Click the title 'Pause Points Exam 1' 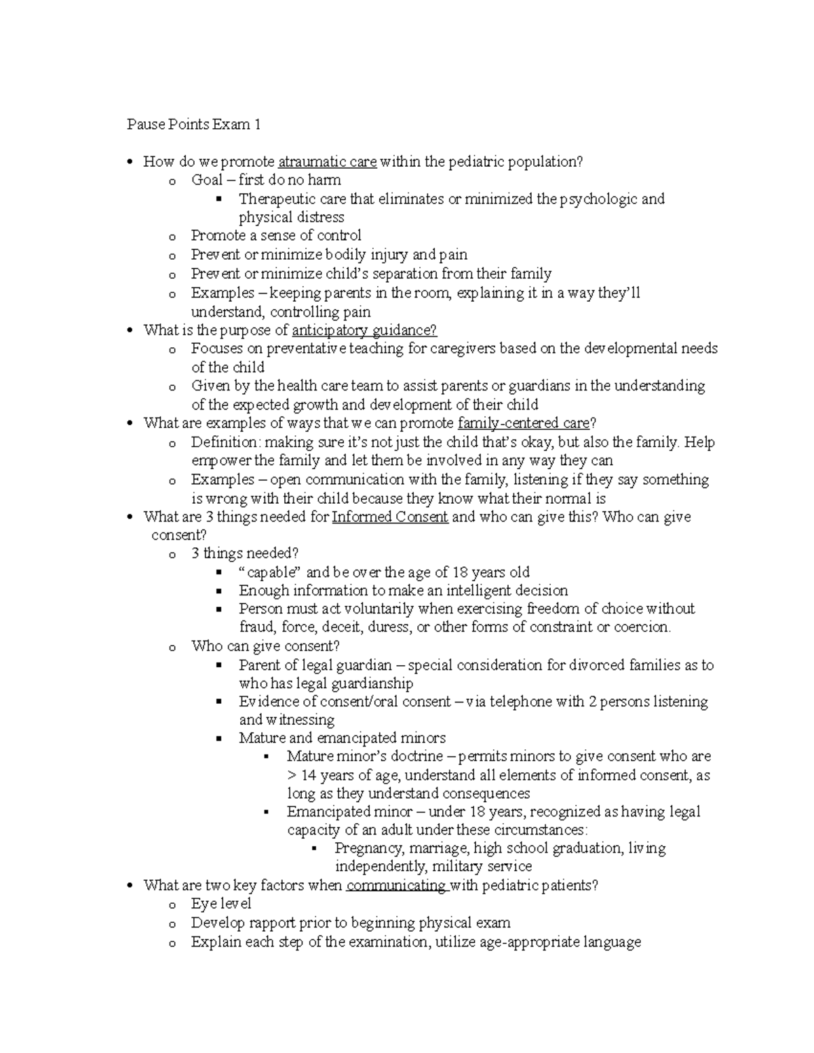click(x=193, y=125)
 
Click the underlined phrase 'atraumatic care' click(x=327, y=162)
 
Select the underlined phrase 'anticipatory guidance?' click(x=364, y=331)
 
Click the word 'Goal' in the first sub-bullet click(x=207, y=180)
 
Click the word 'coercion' click(x=641, y=627)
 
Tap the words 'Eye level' click(x=221, y=904)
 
